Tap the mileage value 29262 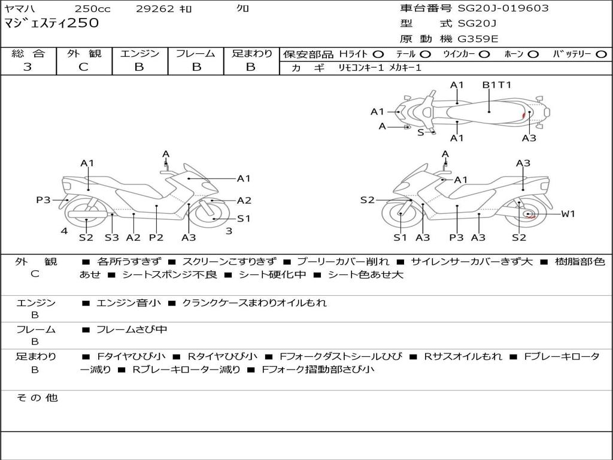coord(156,9)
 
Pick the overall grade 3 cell coord(28,67)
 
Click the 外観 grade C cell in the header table coord(84,67)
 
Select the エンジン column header coord(139,53)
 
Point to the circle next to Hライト coord(378,55)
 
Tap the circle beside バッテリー coord(601,55)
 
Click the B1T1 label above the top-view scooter coord(497,85)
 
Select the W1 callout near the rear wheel coord(568,214)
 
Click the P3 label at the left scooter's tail coord(43,200)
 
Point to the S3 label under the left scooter coord(112,237)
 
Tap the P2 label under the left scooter coord(156,237)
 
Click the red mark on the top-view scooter coord(524,114)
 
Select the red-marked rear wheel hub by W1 coord(529,214)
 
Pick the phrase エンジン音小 coord(129,303)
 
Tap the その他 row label coord(37,398)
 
